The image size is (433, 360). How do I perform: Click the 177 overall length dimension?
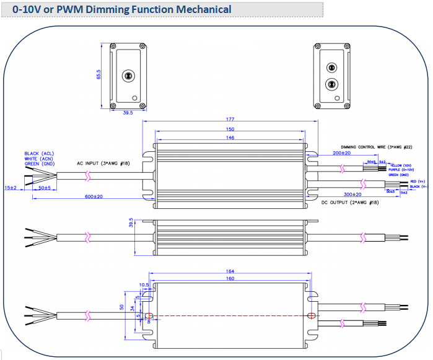(x=230, y=120)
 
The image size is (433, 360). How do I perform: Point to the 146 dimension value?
(x=230, y=138)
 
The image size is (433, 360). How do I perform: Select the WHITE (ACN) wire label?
(x=38, y=158)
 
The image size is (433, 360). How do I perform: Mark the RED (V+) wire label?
(x=418, y=181)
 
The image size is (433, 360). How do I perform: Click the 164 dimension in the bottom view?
(x=230, y=271)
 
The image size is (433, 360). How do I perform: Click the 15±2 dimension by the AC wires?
(x=11, y=187)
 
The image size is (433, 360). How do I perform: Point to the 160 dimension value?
(x=230, y=278)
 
